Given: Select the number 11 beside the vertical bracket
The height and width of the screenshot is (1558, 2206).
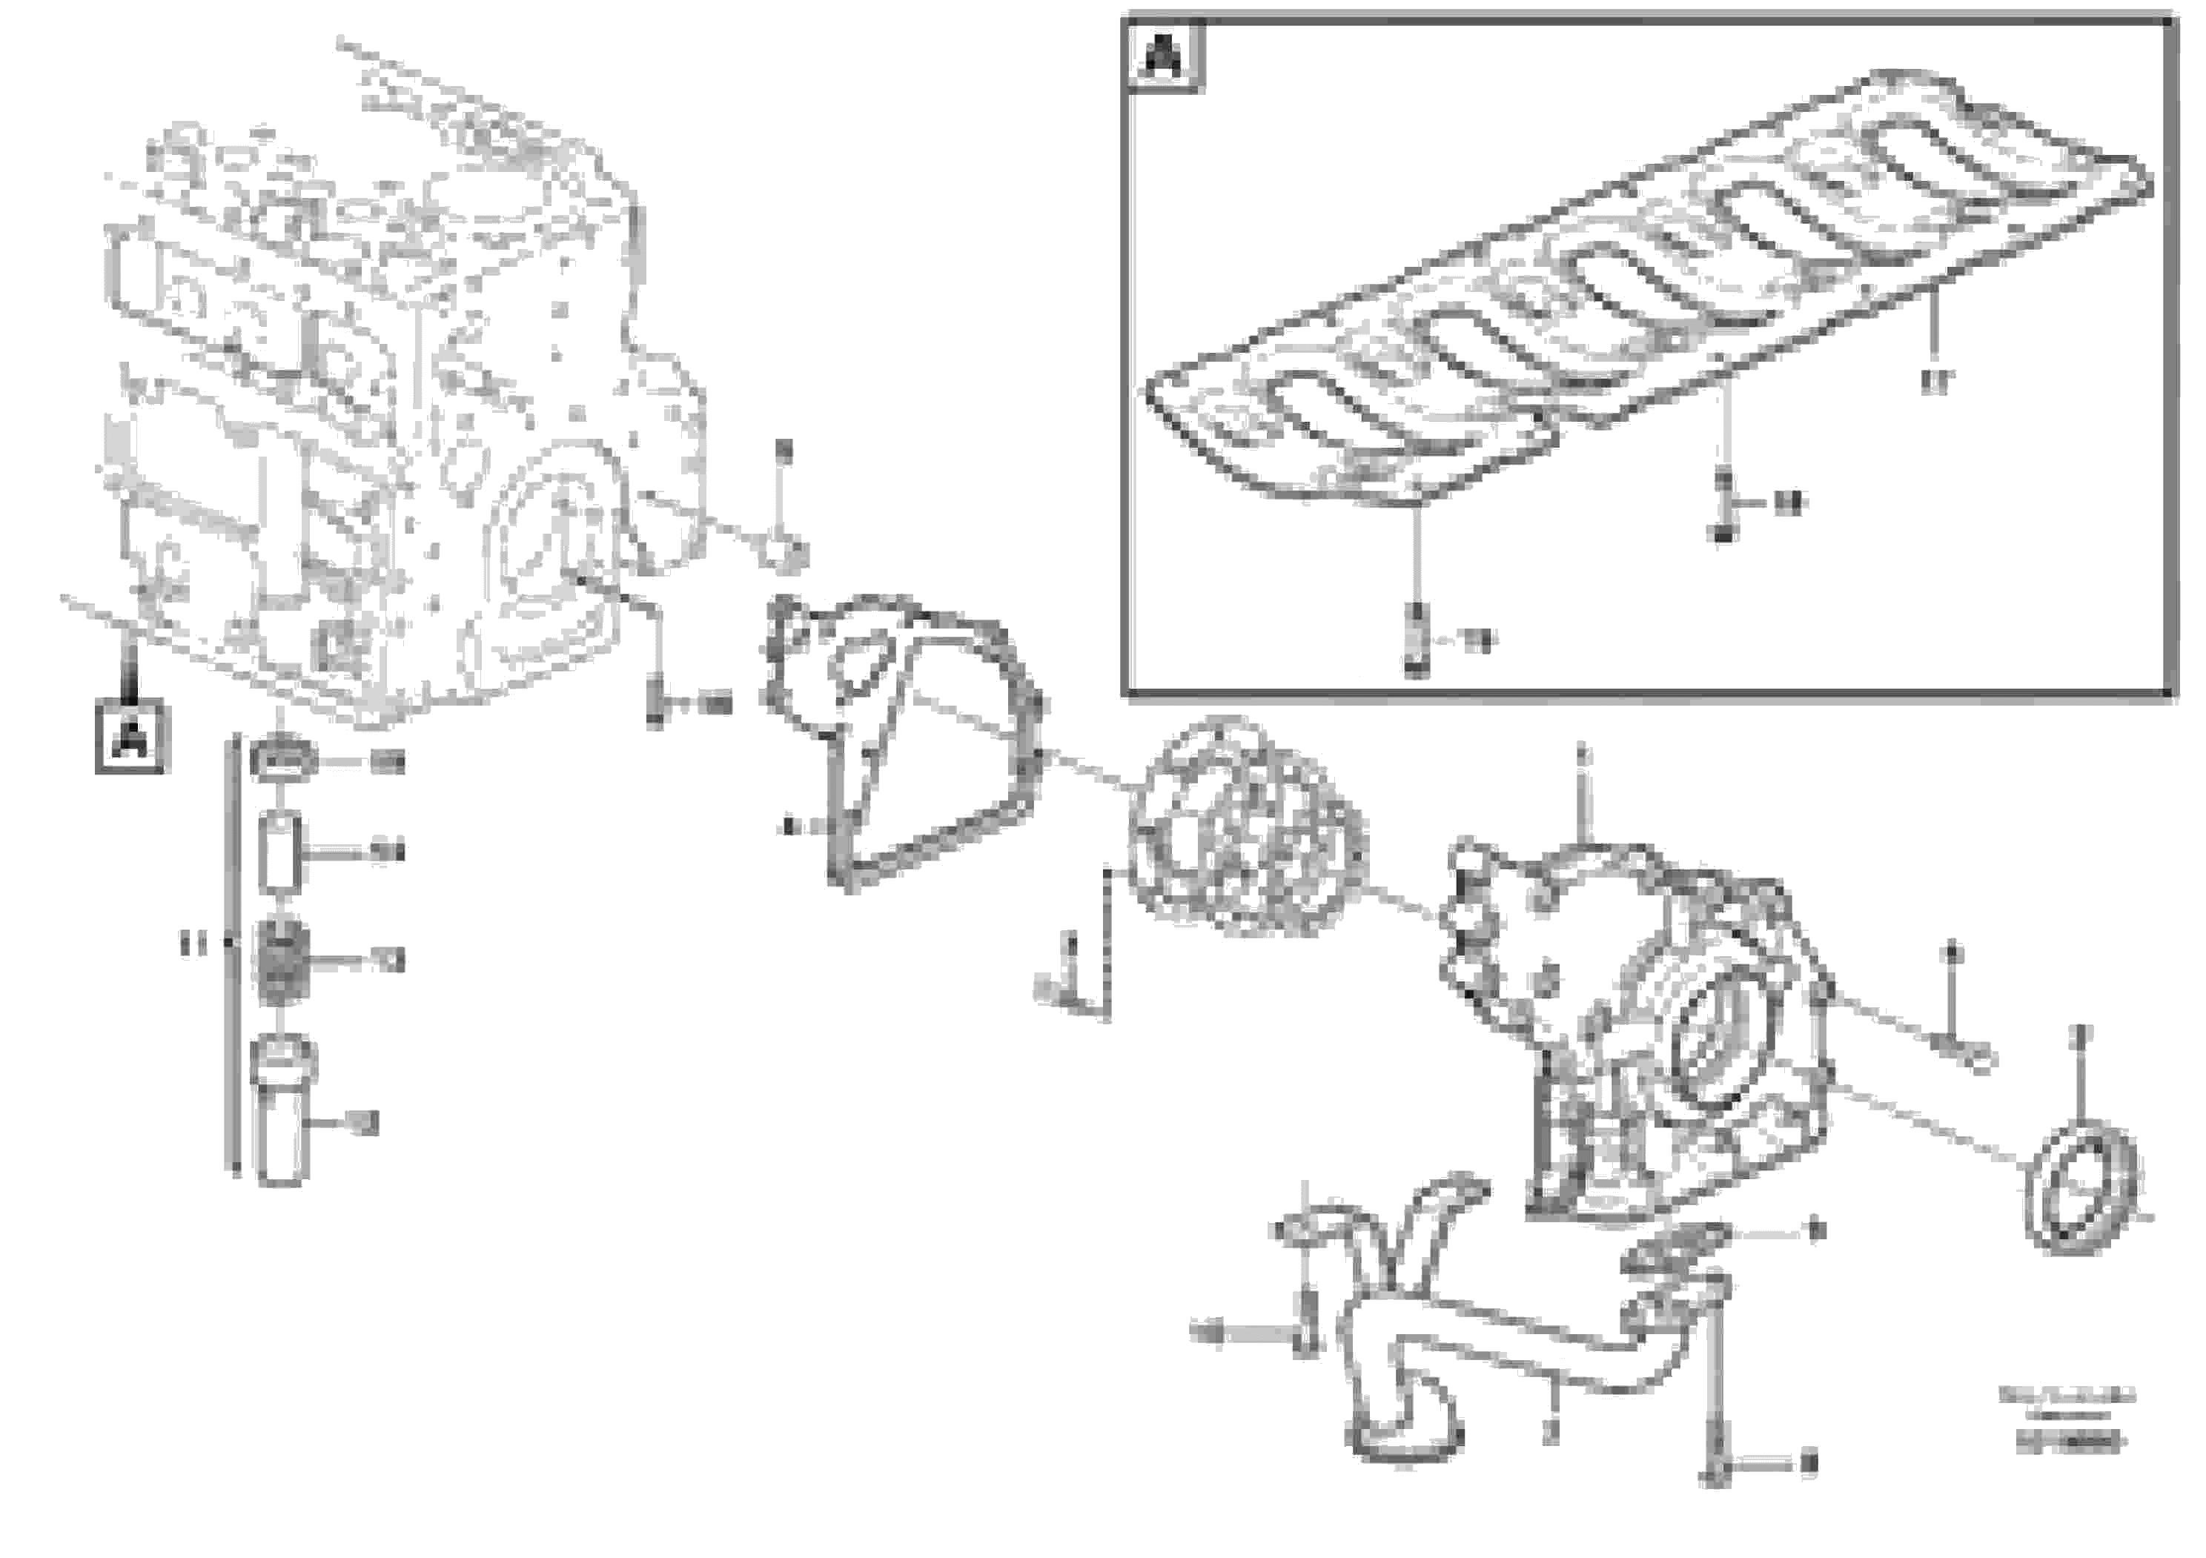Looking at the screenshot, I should pos(193,945).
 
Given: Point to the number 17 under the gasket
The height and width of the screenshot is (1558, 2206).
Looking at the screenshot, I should pos(1937,382).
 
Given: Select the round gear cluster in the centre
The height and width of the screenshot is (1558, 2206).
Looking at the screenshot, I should pos(1246,826).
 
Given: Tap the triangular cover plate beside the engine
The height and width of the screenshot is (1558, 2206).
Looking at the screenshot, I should pos(903,740).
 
